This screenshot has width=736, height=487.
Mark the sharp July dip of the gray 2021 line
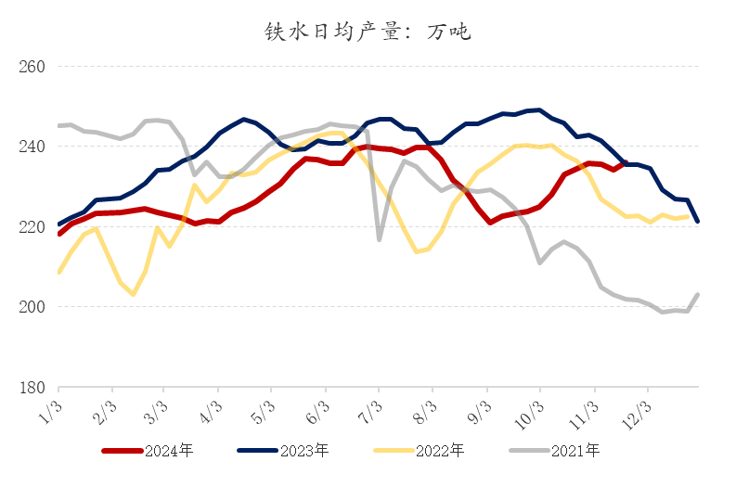(x=380, y=239)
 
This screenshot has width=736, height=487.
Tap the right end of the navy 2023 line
(x=698, y=221)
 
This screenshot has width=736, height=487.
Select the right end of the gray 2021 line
(x=698, y=295)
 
